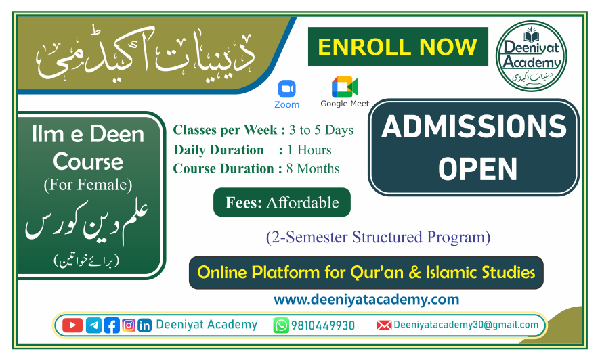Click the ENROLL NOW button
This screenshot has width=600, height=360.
(398, 47)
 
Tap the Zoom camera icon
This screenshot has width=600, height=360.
(286, 89)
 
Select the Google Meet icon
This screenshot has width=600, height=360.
(345, 87)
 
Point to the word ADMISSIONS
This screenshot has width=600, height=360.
(473, 127)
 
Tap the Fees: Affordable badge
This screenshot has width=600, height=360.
(282, 202)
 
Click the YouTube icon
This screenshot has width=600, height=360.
(72, 325)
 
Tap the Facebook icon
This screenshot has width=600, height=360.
(112, 325)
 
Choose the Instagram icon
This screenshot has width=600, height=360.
(129, 325)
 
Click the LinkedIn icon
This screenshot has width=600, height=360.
(145, 325)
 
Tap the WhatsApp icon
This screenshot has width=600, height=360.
(281, 325)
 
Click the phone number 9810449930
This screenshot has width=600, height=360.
(323, 325)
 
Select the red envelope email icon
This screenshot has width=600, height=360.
(384, 325)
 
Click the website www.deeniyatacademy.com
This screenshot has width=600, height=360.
(366, 299)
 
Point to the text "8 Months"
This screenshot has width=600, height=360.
(314, 169)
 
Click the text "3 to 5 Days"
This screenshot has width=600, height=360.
(321, 130)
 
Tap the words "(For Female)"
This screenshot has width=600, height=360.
(88, 184)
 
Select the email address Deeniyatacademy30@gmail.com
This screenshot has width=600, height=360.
(466, 325)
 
